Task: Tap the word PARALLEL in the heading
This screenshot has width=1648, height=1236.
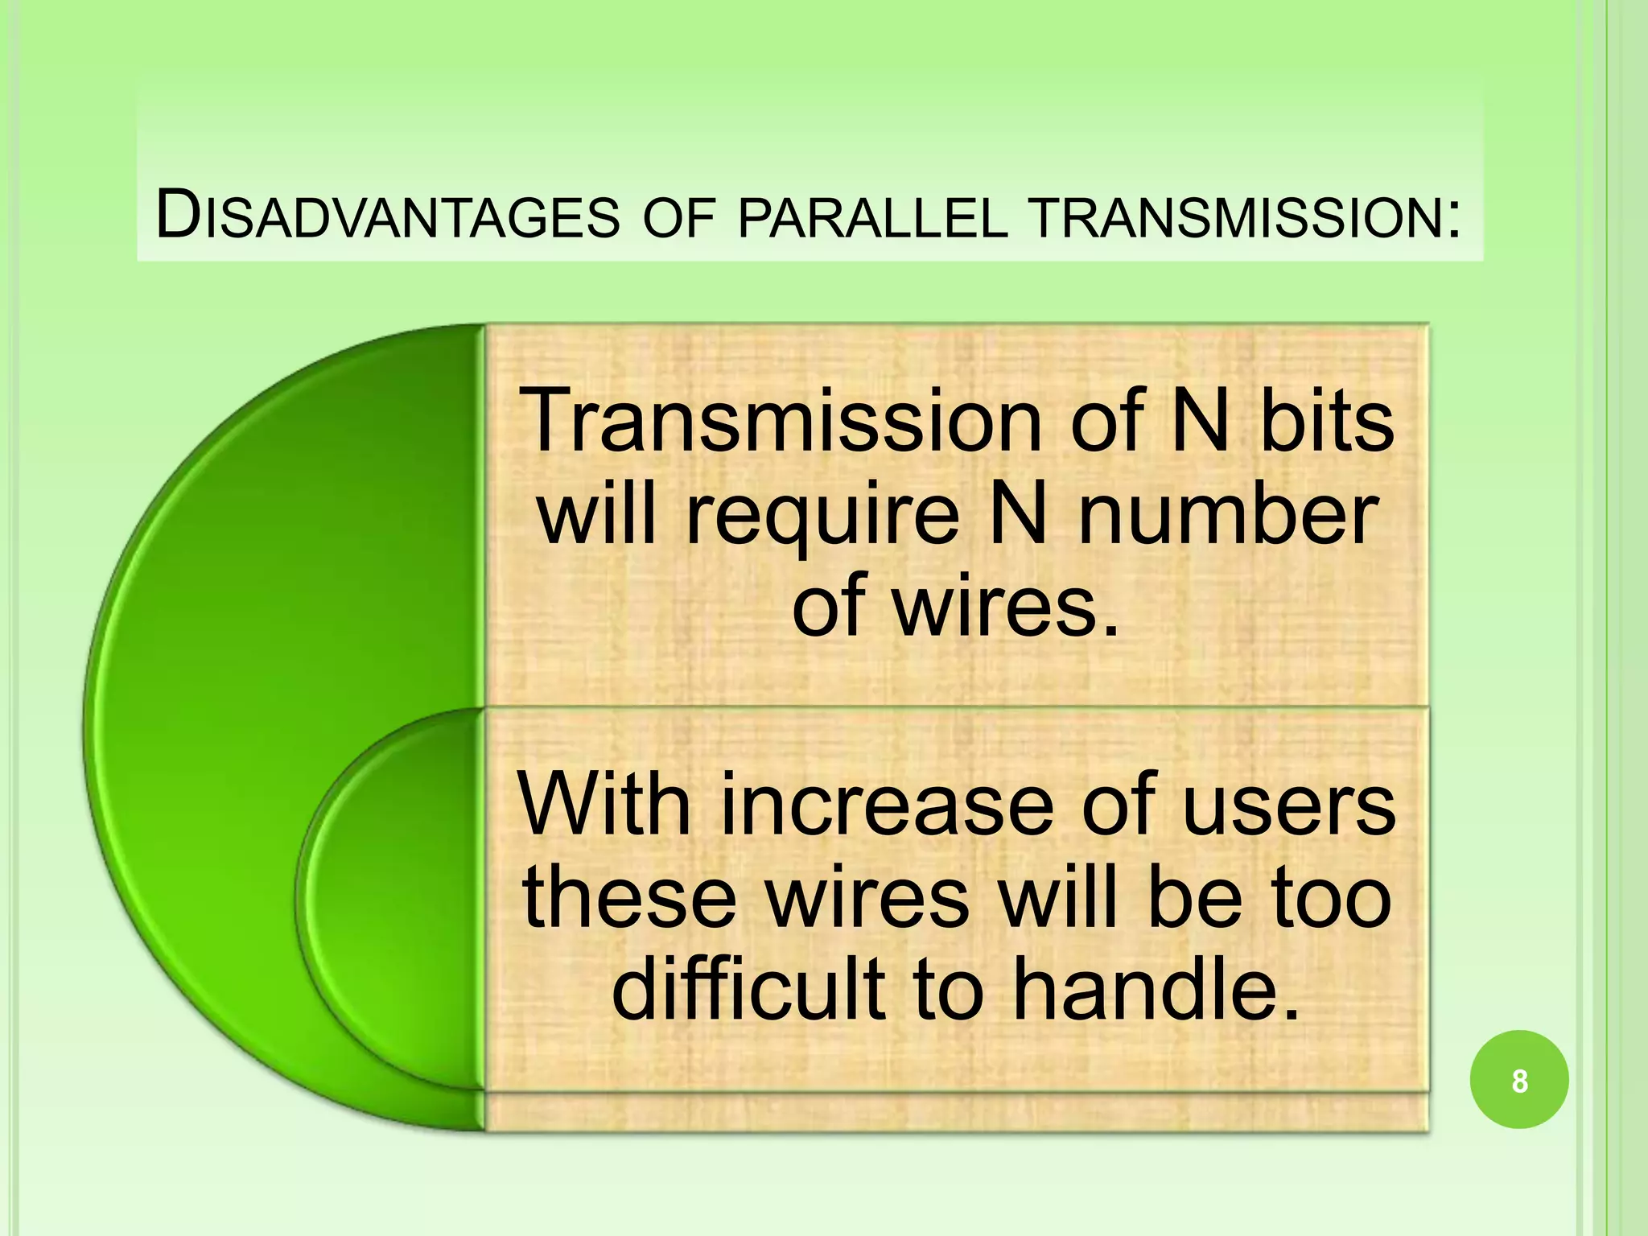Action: pyautogui.click(x=872, y=219)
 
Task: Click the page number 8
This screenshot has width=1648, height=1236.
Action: pyautogui.click(x=1518, y=1081)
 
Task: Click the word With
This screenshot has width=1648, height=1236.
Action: pyautogui.click(x=604, y=805)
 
